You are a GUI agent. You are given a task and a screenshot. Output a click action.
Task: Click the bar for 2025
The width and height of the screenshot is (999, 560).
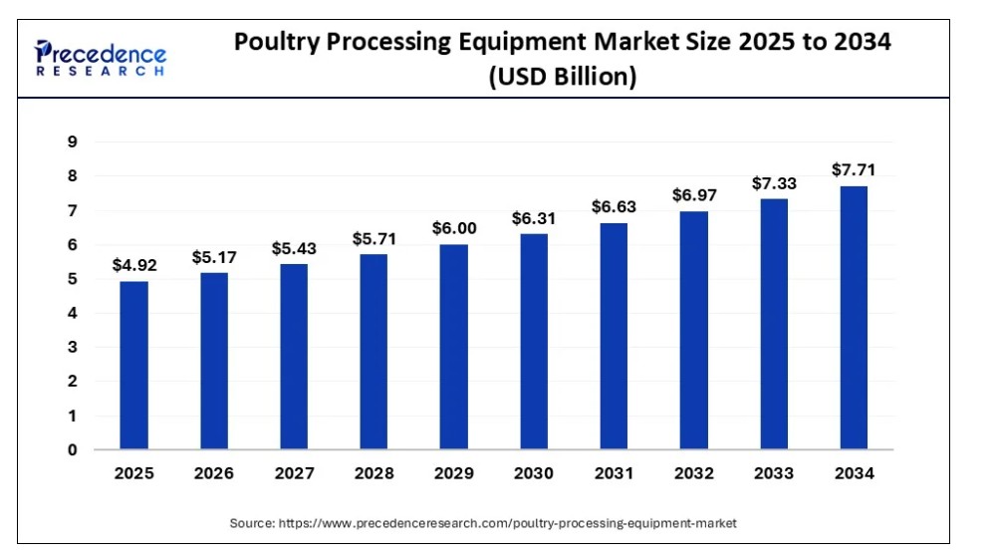pos(133,365)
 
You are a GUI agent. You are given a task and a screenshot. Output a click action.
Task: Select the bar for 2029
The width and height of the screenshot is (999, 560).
pos(454,346)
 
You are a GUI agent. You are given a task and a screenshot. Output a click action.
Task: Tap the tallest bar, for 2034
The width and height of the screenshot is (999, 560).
pos(854,317)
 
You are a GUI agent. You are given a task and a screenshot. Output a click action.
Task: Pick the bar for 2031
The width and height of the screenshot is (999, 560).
pos(614,336)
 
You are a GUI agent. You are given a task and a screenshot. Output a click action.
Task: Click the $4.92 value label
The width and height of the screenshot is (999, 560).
pos(133,266)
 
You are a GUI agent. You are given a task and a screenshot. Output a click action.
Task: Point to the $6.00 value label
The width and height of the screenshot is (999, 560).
pos(454,228)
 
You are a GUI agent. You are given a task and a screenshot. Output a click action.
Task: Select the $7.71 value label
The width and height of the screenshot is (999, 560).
pos(854,170)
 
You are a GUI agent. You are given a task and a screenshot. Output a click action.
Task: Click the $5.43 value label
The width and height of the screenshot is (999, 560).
pos(294,248)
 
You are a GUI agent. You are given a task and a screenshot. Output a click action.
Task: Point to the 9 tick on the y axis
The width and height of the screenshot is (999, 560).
pos(72,142)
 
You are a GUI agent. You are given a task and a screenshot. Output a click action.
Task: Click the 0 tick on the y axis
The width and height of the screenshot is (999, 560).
pos(72,449)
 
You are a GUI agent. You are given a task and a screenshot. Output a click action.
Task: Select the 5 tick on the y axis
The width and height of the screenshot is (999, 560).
pos(72,279)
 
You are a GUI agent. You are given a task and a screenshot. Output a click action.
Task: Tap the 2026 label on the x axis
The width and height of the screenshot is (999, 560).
pos(213,473)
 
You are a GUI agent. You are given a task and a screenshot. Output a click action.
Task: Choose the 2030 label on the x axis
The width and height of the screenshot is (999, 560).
pos(534,473)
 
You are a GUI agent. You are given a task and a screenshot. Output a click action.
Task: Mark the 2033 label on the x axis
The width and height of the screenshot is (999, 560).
pos(774,473)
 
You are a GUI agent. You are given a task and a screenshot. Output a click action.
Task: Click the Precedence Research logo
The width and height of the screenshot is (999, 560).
pos(101,58)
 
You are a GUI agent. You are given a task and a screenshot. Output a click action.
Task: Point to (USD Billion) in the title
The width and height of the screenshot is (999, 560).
pos(562,77)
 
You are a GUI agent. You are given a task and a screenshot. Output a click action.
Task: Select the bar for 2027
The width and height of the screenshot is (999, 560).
pos(294,356)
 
